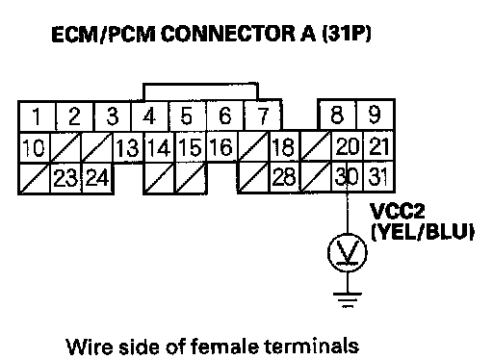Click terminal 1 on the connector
coord(38,116)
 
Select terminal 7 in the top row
coord(263,116)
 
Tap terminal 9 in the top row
coord(376,116)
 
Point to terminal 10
coord(35,147)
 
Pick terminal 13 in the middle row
coord(128,147)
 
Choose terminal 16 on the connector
coord(222,147)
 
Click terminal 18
coord(284,147)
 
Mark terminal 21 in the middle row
coord(378,146)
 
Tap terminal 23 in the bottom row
coord(65,177)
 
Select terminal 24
coord(97,177)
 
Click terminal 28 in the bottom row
coord(284,177)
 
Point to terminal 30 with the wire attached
coord(347,177)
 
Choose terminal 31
coord(378,177)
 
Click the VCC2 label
coord(398,211)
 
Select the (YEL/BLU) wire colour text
coord(423,231)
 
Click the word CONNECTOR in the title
coord(228,34)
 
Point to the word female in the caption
coord(225,347)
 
